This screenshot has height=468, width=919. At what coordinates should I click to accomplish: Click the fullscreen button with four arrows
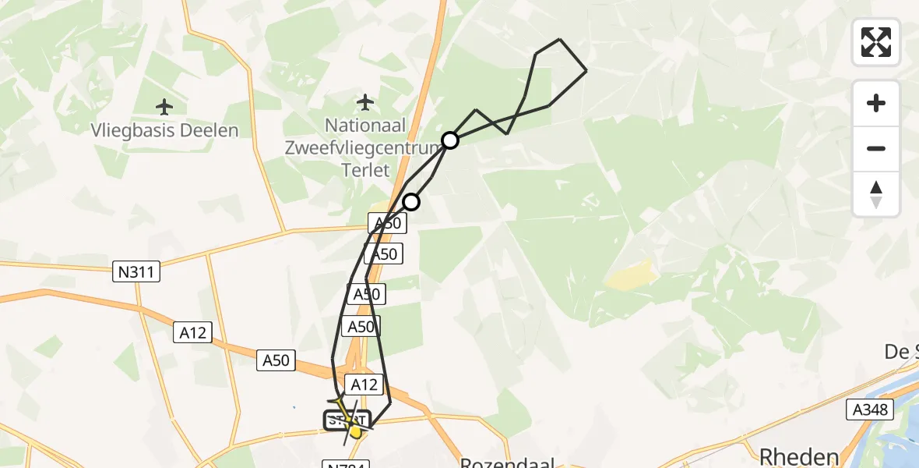[x=876, y=42]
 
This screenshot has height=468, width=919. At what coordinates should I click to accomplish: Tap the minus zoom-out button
[x=876, y=148]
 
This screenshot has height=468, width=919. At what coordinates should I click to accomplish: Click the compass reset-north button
[x=876, y=194]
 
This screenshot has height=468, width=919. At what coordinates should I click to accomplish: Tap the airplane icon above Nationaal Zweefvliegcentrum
[x=364, y=101]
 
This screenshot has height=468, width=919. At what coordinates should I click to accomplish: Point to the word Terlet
[x=366, y=169]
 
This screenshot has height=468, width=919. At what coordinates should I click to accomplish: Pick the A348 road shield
[x=869, y=408]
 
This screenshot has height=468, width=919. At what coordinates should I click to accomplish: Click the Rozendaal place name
[x=507, y=462]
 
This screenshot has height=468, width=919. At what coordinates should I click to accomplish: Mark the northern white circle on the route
[x=450, y=140]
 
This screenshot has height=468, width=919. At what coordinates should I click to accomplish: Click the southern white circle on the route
[x=411, y=202]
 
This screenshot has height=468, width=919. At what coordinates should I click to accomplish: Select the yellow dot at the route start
[x=356, y=431]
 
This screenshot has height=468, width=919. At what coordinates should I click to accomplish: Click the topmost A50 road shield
[x=388, y=224]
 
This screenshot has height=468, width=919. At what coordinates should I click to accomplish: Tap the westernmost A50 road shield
[x=276, y=360]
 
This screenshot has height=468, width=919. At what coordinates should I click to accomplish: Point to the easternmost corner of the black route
[x=586, y=71]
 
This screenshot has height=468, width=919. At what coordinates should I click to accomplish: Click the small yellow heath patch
[x=632, y=275]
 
